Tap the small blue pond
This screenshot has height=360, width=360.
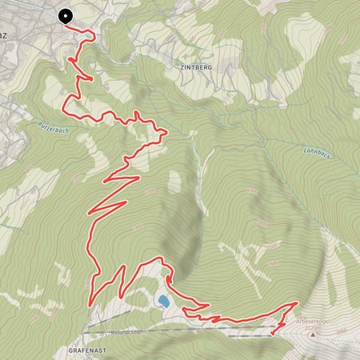click(163, 301)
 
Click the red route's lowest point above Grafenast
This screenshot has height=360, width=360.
click(89, 305)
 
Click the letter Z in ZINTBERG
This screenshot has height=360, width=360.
click(173, 69)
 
